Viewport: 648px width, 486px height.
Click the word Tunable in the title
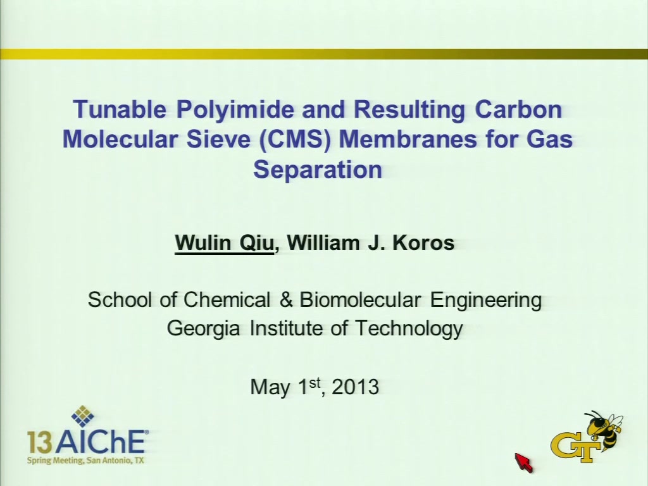point(120,109)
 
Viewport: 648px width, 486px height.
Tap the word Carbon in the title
point(518,109)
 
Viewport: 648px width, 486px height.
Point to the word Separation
point(318,170)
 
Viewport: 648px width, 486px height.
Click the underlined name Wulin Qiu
point(225,242)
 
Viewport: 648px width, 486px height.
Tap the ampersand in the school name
point(285,299)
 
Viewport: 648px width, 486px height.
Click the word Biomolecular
point(360,299)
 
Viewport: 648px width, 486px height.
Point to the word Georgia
point(203,329)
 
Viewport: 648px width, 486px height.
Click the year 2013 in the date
point(356,387)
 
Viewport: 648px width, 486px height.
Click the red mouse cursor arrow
point(523,462)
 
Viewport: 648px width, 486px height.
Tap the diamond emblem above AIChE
point(83,416)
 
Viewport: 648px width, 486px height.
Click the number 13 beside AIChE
point(40,443)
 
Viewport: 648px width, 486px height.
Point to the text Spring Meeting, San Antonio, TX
point(85,460)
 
